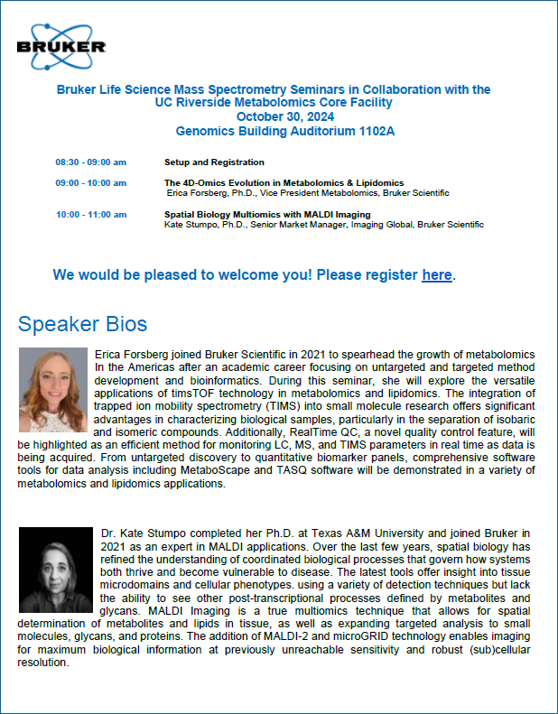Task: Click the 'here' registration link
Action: [437, 274]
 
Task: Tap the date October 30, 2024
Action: [285, 116]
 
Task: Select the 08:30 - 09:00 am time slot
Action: [90, 162]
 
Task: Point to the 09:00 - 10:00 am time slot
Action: [90, 183]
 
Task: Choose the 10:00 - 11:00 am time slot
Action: [90, 215]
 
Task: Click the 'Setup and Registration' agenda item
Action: [214, 162]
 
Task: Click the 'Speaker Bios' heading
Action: [82, 324]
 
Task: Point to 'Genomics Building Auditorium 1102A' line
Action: [285, 131]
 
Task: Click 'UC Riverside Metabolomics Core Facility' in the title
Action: [285, 103]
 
